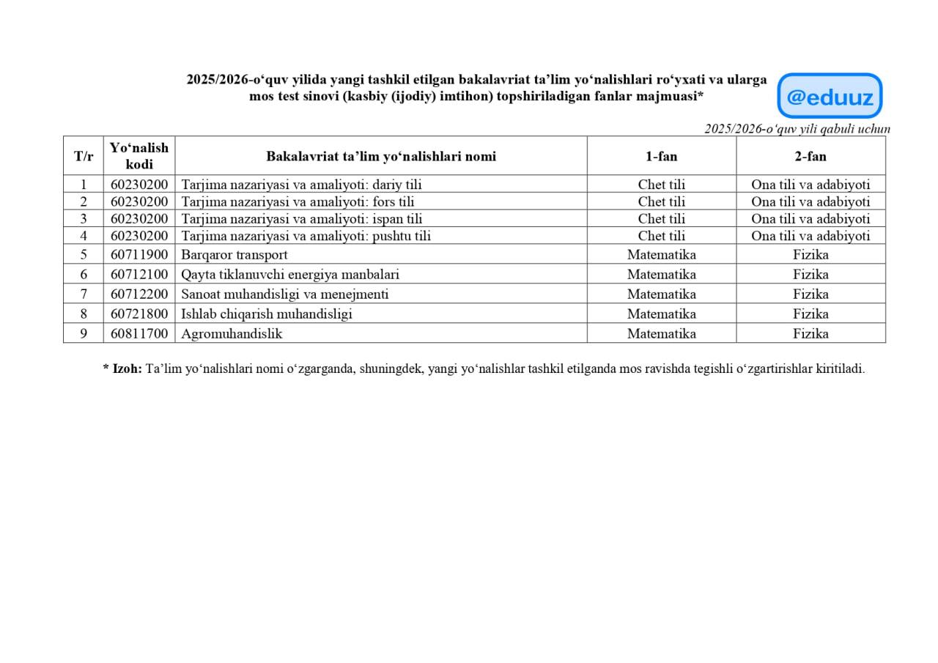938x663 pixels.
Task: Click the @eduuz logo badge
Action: pyautogui.click(x=830, y=96)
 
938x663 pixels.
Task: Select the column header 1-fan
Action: pyautogui.click(x=661, y=156)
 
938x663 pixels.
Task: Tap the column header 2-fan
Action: pyautogui.click(x=810, y=156)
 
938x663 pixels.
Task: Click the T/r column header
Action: pyautogui.click(x=84, y=156)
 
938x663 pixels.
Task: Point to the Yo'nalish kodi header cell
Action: pyautogui.click(x=139, y=156)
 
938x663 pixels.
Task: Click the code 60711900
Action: pyautogui.click(x=139, y=255)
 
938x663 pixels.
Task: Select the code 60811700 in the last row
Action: pyautogui.click(x=139, y=333)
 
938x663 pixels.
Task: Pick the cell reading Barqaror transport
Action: pyautogui.click(x=234, y=255)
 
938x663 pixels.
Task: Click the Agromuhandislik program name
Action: pyautogui.click(x=232, y=333)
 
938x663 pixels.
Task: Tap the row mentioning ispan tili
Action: pyautogui.click(x=301, y=219)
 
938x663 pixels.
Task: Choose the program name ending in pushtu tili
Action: pyautogui.click(x=306, y=236)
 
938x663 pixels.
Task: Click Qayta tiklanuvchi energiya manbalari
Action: pyautogui.click(x=290, y=275)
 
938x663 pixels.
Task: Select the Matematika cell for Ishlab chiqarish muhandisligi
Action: pyautogui.click(x=661, y=314)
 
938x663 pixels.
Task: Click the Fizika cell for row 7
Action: pyautogui.click(x=810, y=295)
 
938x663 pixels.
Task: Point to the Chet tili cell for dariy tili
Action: pyautogui.click(x=661, y=185)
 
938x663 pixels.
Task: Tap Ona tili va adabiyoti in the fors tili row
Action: pyautogui.click(x=810, y=201)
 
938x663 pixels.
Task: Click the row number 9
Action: pyautogui.click(x=84, y=333)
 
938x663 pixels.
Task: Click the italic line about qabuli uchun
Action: pyautogui.click(x=797, y=129)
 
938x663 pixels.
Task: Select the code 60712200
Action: pyautogui.click(x=139, y=295)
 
